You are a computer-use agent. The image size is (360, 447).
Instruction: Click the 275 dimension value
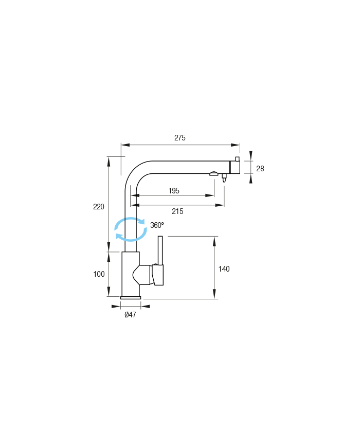coord(180,138)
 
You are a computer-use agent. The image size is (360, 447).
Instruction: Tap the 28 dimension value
coord(260,169)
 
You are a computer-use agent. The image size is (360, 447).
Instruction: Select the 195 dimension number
coord(174,191)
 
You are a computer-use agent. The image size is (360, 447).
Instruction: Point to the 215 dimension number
coord(177,211)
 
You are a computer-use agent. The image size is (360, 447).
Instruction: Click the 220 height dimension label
coord(99,207)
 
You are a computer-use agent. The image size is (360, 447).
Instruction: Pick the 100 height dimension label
coord(99,274)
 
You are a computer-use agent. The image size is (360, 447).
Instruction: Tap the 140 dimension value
coord(224,269)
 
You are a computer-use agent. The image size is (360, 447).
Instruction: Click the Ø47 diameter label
coord(130,315)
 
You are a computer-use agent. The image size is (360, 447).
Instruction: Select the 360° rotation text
coord(157,225)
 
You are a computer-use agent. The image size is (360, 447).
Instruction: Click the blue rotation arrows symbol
coord(131,229)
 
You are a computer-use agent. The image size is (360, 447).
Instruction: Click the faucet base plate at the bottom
coord(131,298)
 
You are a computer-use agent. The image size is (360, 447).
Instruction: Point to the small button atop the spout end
coord(237,159)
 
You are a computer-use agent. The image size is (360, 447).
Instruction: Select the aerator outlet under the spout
coord(214,174)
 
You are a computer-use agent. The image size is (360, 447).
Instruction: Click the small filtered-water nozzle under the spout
coord(224,178)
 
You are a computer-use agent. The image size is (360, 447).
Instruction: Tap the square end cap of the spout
coord(235,167)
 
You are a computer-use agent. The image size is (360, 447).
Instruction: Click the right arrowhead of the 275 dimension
coord(236,145)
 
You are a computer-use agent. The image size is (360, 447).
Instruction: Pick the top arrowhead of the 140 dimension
coord(214,241)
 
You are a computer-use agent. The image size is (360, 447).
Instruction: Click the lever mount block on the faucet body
coord(158,275)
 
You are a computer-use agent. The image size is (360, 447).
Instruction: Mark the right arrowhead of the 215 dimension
coord(220,205)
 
